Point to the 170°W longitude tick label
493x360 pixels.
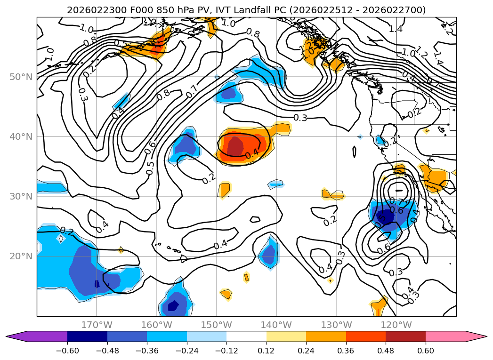click(97, 325)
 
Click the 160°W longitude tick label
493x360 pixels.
click(156, 325)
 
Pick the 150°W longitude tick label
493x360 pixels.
click(216, 325)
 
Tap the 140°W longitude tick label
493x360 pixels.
click(276, 325)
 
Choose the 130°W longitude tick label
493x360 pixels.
click(336, 325)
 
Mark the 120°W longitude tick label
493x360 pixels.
click(396, 325)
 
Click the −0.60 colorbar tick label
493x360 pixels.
click(67, 352)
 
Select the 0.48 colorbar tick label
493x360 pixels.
click(386, 352)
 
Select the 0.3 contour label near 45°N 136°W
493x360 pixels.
click(300, 118)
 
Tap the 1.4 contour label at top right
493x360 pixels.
click(396, 29)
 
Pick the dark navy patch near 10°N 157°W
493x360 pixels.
click(173, 306)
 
